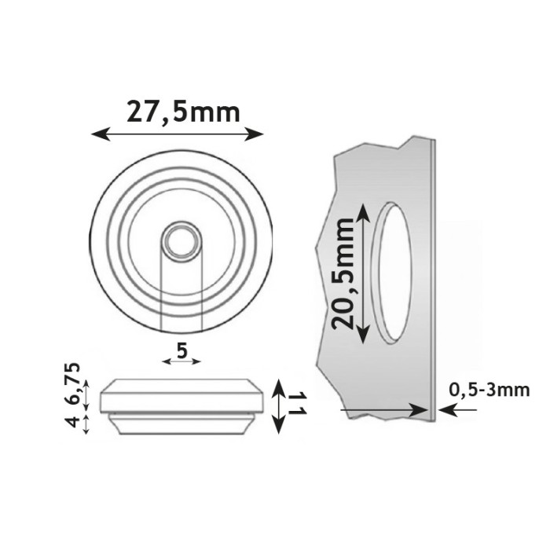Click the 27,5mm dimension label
[x=182, y=112]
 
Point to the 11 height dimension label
[x=297, y=406]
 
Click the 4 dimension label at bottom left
[x=71, y=422]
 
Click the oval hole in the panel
[x=392, y=273]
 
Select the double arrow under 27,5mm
[x=177, y=134]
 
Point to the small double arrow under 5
[x=181, y=362]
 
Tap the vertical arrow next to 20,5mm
[x=362, y=272]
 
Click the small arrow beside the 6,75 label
[x=86, y=394]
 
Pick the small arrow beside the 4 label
[x=86, y=423]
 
